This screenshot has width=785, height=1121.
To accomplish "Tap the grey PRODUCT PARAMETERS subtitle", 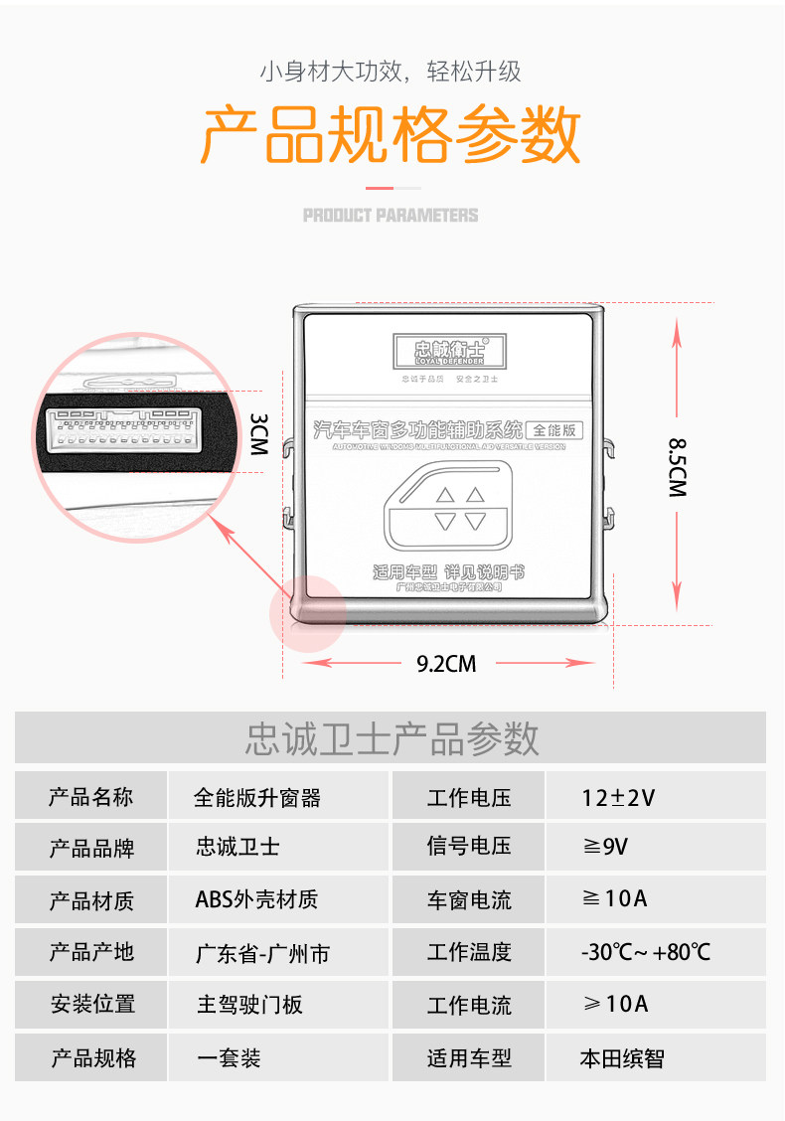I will [391, 215].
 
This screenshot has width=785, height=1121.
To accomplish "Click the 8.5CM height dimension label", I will [678, 467].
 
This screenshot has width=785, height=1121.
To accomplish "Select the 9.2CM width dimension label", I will [446, 664].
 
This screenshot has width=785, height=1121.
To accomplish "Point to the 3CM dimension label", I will [258, 434].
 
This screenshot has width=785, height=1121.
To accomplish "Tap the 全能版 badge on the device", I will [554, 430].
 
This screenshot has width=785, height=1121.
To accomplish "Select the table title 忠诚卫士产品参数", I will [391, 738].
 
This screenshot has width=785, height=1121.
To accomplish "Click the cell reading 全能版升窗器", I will [257, 797].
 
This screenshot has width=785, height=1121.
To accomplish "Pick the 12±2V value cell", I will [618, 797].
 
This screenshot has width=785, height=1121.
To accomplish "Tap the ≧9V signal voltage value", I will [605, 847].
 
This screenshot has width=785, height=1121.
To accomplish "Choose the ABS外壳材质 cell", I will [256, 899].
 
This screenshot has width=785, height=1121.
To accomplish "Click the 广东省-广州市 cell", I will [262, 953].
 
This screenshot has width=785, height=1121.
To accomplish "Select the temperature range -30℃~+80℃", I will [646, 952].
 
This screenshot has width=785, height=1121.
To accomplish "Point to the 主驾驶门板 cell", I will [249, 1005].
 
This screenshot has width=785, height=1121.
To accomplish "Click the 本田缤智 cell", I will [622, 1057].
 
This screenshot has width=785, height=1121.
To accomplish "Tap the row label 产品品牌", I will [91, 848].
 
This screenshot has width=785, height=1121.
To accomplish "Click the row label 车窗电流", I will [469, 900].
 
